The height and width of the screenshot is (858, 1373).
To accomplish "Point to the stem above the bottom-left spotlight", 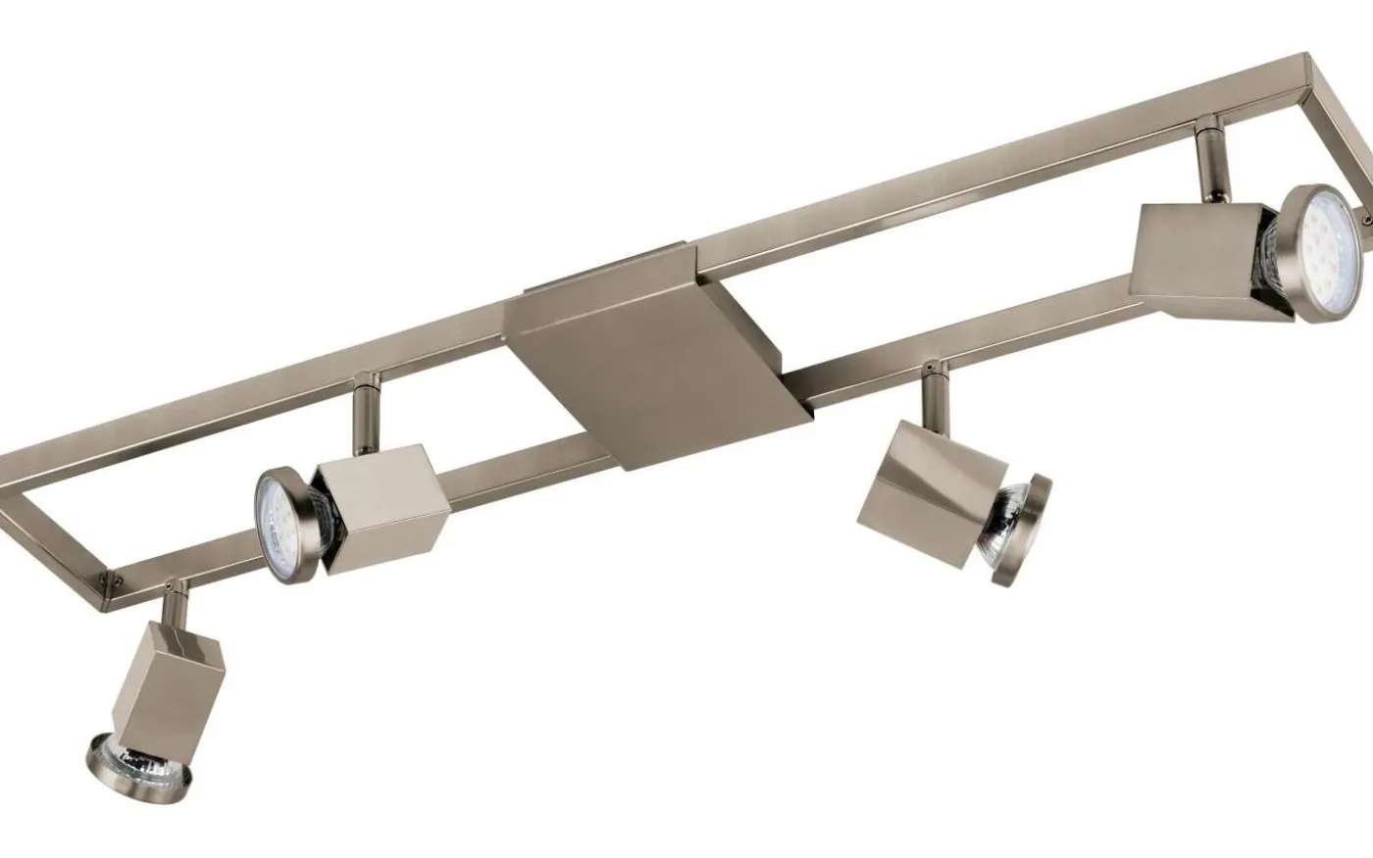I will click(x=176, y=601).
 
